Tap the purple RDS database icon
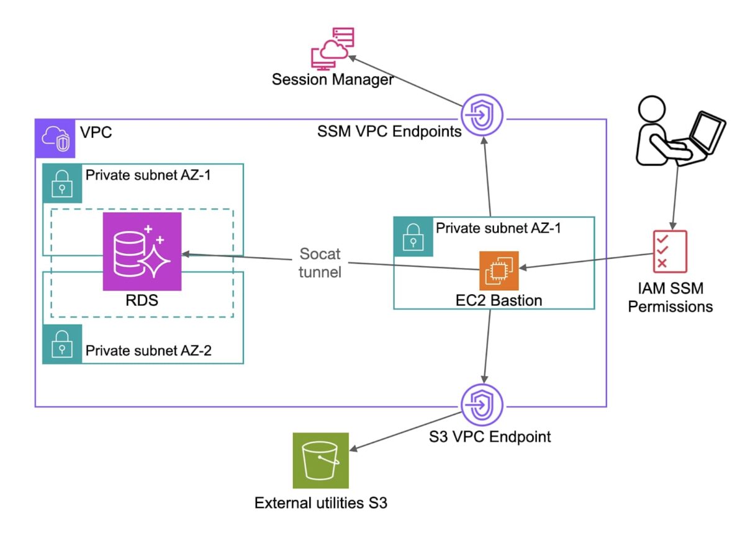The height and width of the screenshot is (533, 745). coord(142,251)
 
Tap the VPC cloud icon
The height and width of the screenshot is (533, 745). coord(55,138)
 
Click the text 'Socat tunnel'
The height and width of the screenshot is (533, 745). coord(320,263)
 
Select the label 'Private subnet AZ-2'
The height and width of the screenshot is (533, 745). coord(148,351)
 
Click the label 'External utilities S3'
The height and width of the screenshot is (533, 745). coord(321,503)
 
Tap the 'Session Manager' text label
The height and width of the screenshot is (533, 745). coord(333,80)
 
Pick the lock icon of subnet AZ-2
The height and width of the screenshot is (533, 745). coord(62,344)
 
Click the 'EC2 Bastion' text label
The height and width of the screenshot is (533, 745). coord(499,301)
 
